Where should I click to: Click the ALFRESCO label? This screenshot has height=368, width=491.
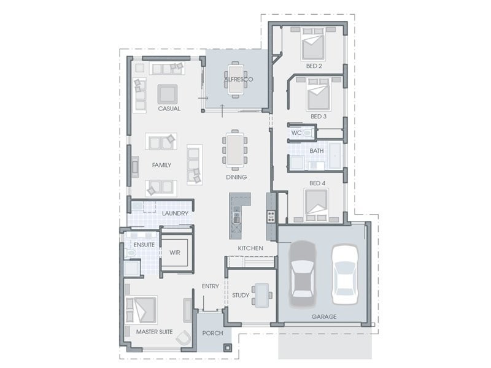[x=239, y=80]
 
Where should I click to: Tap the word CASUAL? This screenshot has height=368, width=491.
[x=169, y=109]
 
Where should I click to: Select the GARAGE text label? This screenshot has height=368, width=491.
[x=324, y=316]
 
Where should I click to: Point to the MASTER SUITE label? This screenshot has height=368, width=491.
[x=155, y=332]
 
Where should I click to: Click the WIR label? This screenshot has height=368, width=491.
[x=175, y=253]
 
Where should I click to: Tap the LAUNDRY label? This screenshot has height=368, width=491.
[x=175, y=213]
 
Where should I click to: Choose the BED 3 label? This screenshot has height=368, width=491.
[x=319, y=117]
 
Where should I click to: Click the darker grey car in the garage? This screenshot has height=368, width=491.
[x=303, y=274]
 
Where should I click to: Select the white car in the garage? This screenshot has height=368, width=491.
[x=345, y=275]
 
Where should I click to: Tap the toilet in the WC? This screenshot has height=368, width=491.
[x=307, y=133]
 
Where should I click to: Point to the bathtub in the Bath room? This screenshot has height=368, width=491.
[x=336, y=156]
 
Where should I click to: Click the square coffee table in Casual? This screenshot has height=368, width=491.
[x=168, y=94]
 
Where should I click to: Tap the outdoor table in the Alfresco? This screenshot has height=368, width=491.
[x=236, y=80]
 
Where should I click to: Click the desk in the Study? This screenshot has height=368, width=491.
[x=262, y=296]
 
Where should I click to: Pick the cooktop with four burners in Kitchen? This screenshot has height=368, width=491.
[x=271, y=217]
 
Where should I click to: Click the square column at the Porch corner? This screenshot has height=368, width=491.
[x=228, y=347]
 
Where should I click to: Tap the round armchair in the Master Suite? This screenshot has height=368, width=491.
[x=184, y=339]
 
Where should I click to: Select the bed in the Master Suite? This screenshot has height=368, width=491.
[x=142, y=310]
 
